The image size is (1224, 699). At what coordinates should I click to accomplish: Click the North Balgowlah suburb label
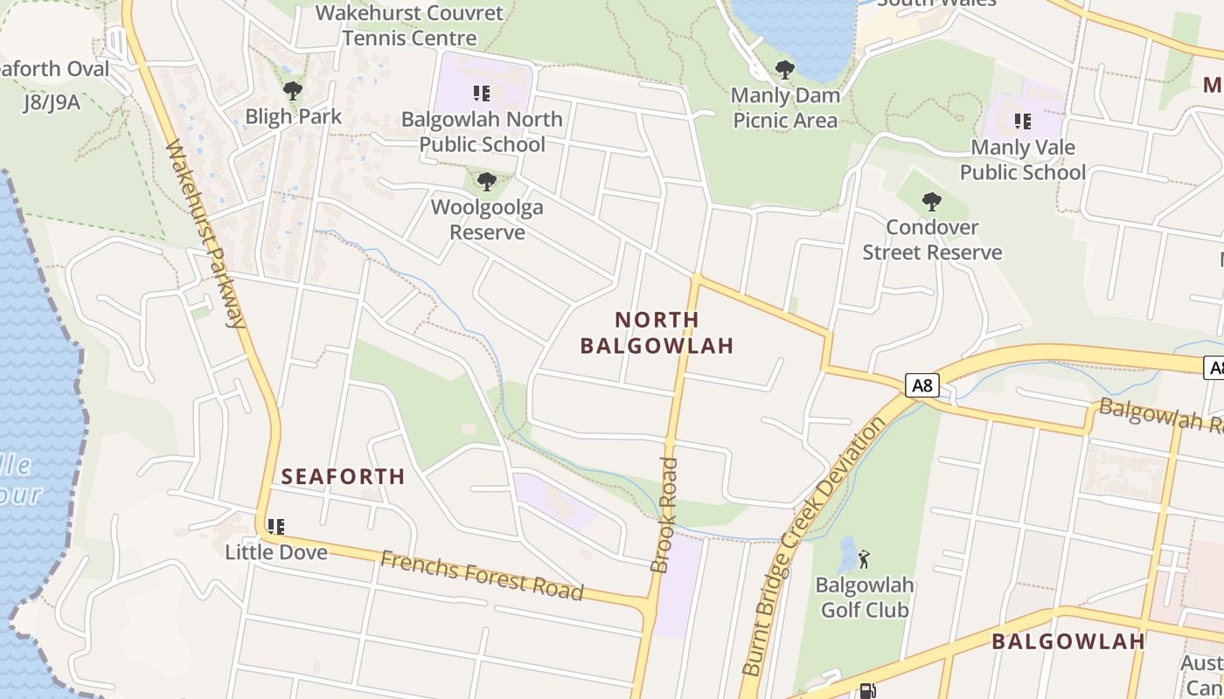pyautogui.click(x=657, y=333)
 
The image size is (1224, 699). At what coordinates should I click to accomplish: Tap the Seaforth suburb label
pyautogui.click(x=344, y=476)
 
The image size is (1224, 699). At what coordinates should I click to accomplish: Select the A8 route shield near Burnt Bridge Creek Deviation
pyautogui.click(x=921, y=385)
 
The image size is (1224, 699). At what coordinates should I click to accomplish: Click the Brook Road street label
pyautogui.click(x=665, y=516)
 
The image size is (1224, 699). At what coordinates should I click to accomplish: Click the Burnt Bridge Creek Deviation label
pyautogui.click(x=813, y=546)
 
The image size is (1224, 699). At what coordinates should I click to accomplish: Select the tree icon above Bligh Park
pyautogui.click(x=293, y=90)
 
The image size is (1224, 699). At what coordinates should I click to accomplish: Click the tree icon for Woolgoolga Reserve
pyautogui.click(x=487, y=182)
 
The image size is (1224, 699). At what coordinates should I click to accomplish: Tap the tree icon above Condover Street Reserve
pyautogui.click(x=932, y=202)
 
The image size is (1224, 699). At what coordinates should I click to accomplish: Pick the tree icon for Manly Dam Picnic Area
pyautogui.click(x=785, y=70)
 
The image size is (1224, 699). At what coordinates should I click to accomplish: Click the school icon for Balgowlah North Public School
pyautogui.click(x=482, y=93)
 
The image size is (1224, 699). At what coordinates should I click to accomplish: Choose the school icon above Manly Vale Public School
pyautogui.click(x=1022, y=121)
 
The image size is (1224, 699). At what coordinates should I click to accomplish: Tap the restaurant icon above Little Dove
pyautogui.click(x=276, y=527)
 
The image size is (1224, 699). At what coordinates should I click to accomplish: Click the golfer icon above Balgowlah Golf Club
pyautogui.click(x=864, y=559)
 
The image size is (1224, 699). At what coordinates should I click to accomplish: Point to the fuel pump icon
pyautogui.click(x=866, y=691)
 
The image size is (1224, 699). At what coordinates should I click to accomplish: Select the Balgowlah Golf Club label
pyautogui.click(x=865, y=598)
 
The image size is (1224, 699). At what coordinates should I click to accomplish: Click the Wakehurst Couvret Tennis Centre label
pyautogui.click(x=410, y=25)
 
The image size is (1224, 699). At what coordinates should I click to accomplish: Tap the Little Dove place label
pyautogui.click(x=276, y=552)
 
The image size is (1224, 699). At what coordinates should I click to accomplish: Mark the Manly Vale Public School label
pyautogui.click(x=1023, y=160)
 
